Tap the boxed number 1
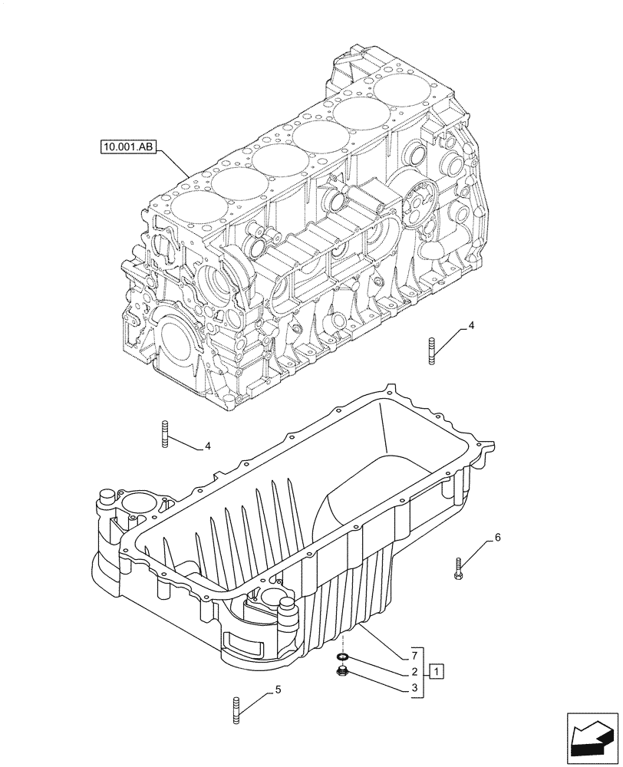(436, 672)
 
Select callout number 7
(414, 656)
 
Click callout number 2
(414, 672)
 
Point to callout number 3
(414, 688)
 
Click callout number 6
(497, 537)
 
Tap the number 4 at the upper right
(471, 325)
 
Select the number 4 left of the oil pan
(206, 445)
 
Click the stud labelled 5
(235, 709)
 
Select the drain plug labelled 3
(342, 673)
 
